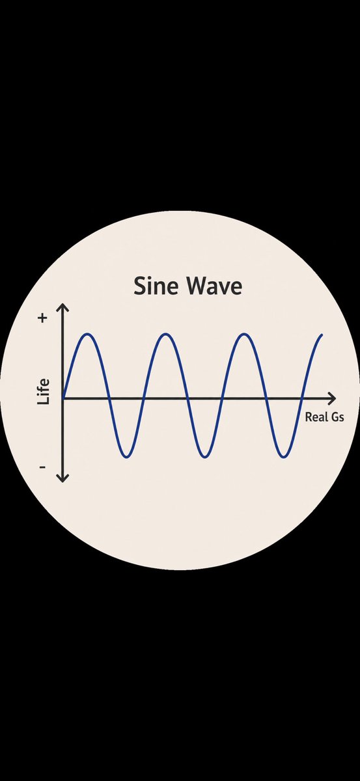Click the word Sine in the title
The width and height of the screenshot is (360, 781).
(x=156, y=286)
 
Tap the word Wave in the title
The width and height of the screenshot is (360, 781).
(x=215, y=286)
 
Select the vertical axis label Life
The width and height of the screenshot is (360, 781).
(x=43, y=392)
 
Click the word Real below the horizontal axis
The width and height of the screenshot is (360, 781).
(x=316, y=417)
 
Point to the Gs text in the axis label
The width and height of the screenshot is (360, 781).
(x=337, y=417)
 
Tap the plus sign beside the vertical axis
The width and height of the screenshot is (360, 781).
(x=42, y=318)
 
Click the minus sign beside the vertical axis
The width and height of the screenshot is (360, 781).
(x=42, y=467)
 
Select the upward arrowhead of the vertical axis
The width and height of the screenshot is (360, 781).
(x=62, y=307)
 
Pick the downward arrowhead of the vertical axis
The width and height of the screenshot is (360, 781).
(x=62, y=479)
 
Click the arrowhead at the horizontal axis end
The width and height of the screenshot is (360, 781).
(x=333, y=398)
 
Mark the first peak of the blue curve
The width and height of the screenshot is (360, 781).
(x=89, y=335)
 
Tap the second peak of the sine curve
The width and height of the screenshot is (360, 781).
(x=167, y=335)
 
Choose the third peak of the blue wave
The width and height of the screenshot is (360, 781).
(x=245, y=335)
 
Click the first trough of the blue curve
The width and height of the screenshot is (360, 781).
(x=127, y=457)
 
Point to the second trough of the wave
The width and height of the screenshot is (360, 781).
(x=205, y=457)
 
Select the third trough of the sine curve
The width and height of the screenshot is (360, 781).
(x=284, y=457)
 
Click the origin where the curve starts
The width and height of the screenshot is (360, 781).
(x=63, y=398)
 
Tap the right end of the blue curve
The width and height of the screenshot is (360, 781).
(x=322, y=335)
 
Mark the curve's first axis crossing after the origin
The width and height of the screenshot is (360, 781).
(x=109, y=398)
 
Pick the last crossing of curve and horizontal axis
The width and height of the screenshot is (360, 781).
(x=303, y=398)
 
